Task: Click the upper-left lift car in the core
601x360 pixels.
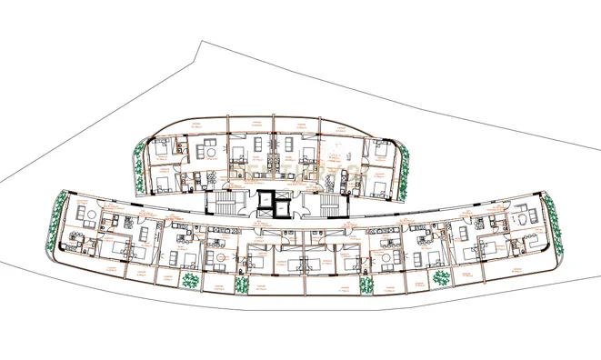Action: coord(265,200)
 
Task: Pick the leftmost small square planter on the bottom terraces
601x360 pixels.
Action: coord(191,280)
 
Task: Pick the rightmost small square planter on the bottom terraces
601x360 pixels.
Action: coord(440,276)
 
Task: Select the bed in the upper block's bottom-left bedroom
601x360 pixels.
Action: coord(163,185)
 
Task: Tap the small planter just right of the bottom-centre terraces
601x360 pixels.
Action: coord(366,284)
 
